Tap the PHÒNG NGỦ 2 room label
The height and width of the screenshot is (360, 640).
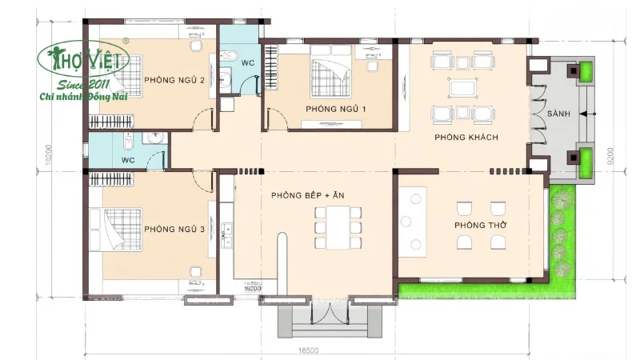click(x=175, y=80)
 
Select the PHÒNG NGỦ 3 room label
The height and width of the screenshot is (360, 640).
click(x=175, y=230)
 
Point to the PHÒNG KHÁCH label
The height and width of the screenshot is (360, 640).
click(x=466, y=138)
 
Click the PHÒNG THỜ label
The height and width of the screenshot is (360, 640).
click(x=480, y=226)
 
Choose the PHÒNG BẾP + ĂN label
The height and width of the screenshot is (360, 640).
click(x=296, y=195)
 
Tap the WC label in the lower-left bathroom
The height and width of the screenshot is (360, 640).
click(x=127, y=160)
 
